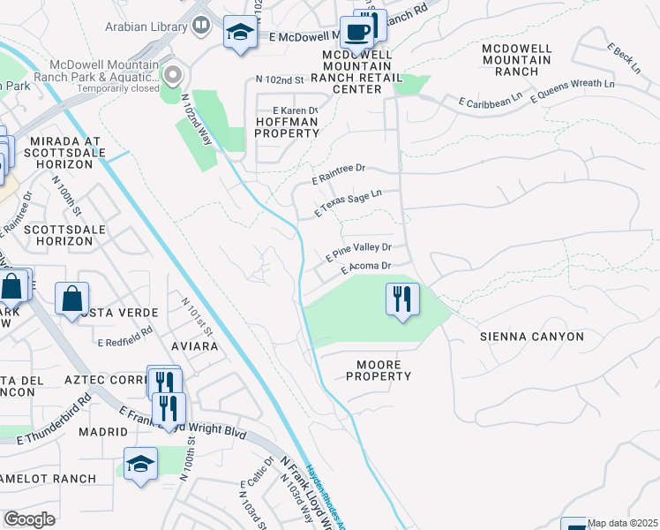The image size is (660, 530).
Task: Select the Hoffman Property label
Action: click(x=286, y=127)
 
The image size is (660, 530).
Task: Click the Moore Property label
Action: click(x=384, y=370)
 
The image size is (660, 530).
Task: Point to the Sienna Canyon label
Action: click(x=531, y=337)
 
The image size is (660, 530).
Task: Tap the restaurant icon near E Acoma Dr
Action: click(x=402, y=299)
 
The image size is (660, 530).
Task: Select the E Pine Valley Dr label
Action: click(x=358, y=251)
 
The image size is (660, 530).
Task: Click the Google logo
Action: click(x=28, y=519)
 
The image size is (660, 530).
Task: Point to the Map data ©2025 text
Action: click(x=622, y=523)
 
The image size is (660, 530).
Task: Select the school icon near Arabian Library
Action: click(x=238, y=33)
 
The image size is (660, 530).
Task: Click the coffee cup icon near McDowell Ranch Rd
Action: click(x=356, y=33)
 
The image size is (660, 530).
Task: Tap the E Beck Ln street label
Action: click(x=624, y=57)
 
